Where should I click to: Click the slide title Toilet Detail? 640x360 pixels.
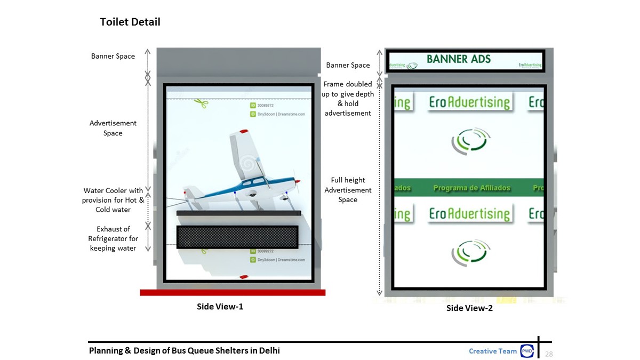pos(130,22)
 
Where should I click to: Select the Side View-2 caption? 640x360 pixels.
pos(469,308)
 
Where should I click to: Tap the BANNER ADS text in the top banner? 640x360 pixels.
pos(459,59)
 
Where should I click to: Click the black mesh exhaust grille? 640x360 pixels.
pos(237,237)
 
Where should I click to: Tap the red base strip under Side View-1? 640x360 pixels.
pos(233,292)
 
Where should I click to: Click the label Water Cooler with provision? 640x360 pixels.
pos(113,200)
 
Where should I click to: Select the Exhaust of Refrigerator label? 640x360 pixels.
pos(113,238)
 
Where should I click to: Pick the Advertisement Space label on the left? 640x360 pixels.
pos(113,128)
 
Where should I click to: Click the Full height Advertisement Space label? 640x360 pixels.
pos(348,190)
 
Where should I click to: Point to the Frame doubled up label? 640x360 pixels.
pos(348,98)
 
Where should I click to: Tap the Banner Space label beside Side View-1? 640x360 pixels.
pos(113,56)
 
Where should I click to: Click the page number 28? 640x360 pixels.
pos(549,354)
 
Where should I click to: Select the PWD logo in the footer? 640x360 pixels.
pos(527,351)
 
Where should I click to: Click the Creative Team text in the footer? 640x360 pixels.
pos(493,351)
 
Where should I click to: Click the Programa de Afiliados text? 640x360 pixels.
pos(471,188)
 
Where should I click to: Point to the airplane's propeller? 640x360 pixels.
pos(297,187)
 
